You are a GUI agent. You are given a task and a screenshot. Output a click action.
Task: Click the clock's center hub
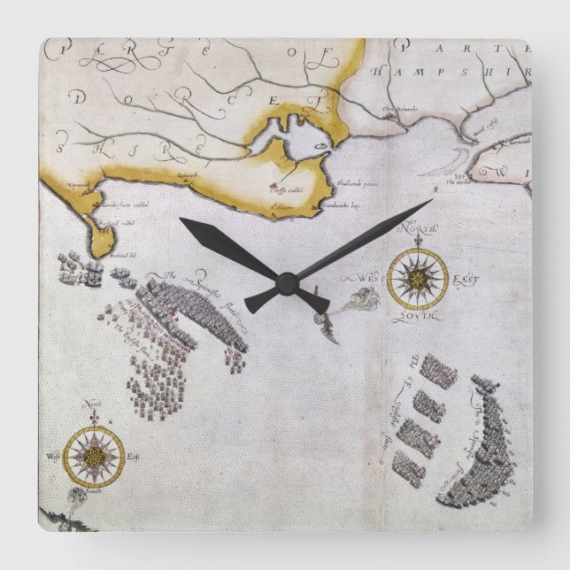[x=286, y=283]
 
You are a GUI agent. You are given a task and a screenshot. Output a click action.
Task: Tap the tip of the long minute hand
[x=431, y=200]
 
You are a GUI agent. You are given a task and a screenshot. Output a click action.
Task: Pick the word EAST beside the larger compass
[x=464, y=281]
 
